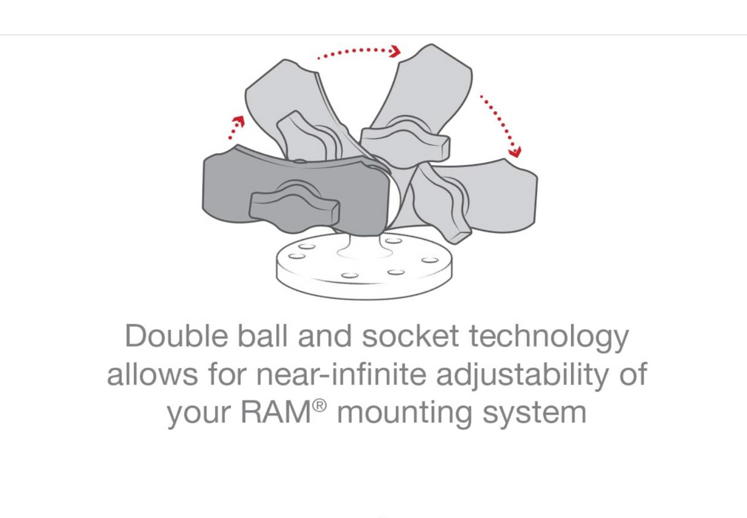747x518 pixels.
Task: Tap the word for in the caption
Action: [x=226, y=374]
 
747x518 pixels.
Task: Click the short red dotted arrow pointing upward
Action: [x=235, y=127]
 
